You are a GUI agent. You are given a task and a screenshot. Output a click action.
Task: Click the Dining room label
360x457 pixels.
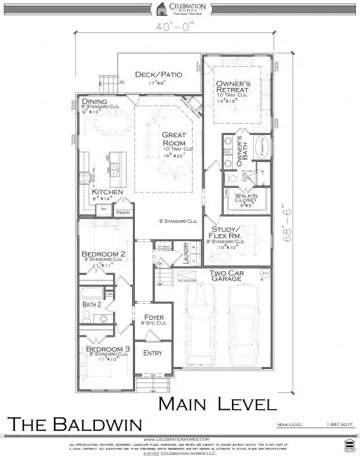tap(96, 102)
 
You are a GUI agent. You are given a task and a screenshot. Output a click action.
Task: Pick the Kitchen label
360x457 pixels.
tap(107, 192)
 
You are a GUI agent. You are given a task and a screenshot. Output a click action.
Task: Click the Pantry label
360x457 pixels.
tap(124, 212)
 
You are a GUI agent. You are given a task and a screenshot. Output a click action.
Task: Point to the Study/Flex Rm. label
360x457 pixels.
tap(227, 233)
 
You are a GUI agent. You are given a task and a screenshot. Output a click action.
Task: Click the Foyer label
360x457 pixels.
tap(153, 317)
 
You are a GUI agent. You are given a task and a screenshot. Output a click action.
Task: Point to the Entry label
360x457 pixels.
tap(153, 353)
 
